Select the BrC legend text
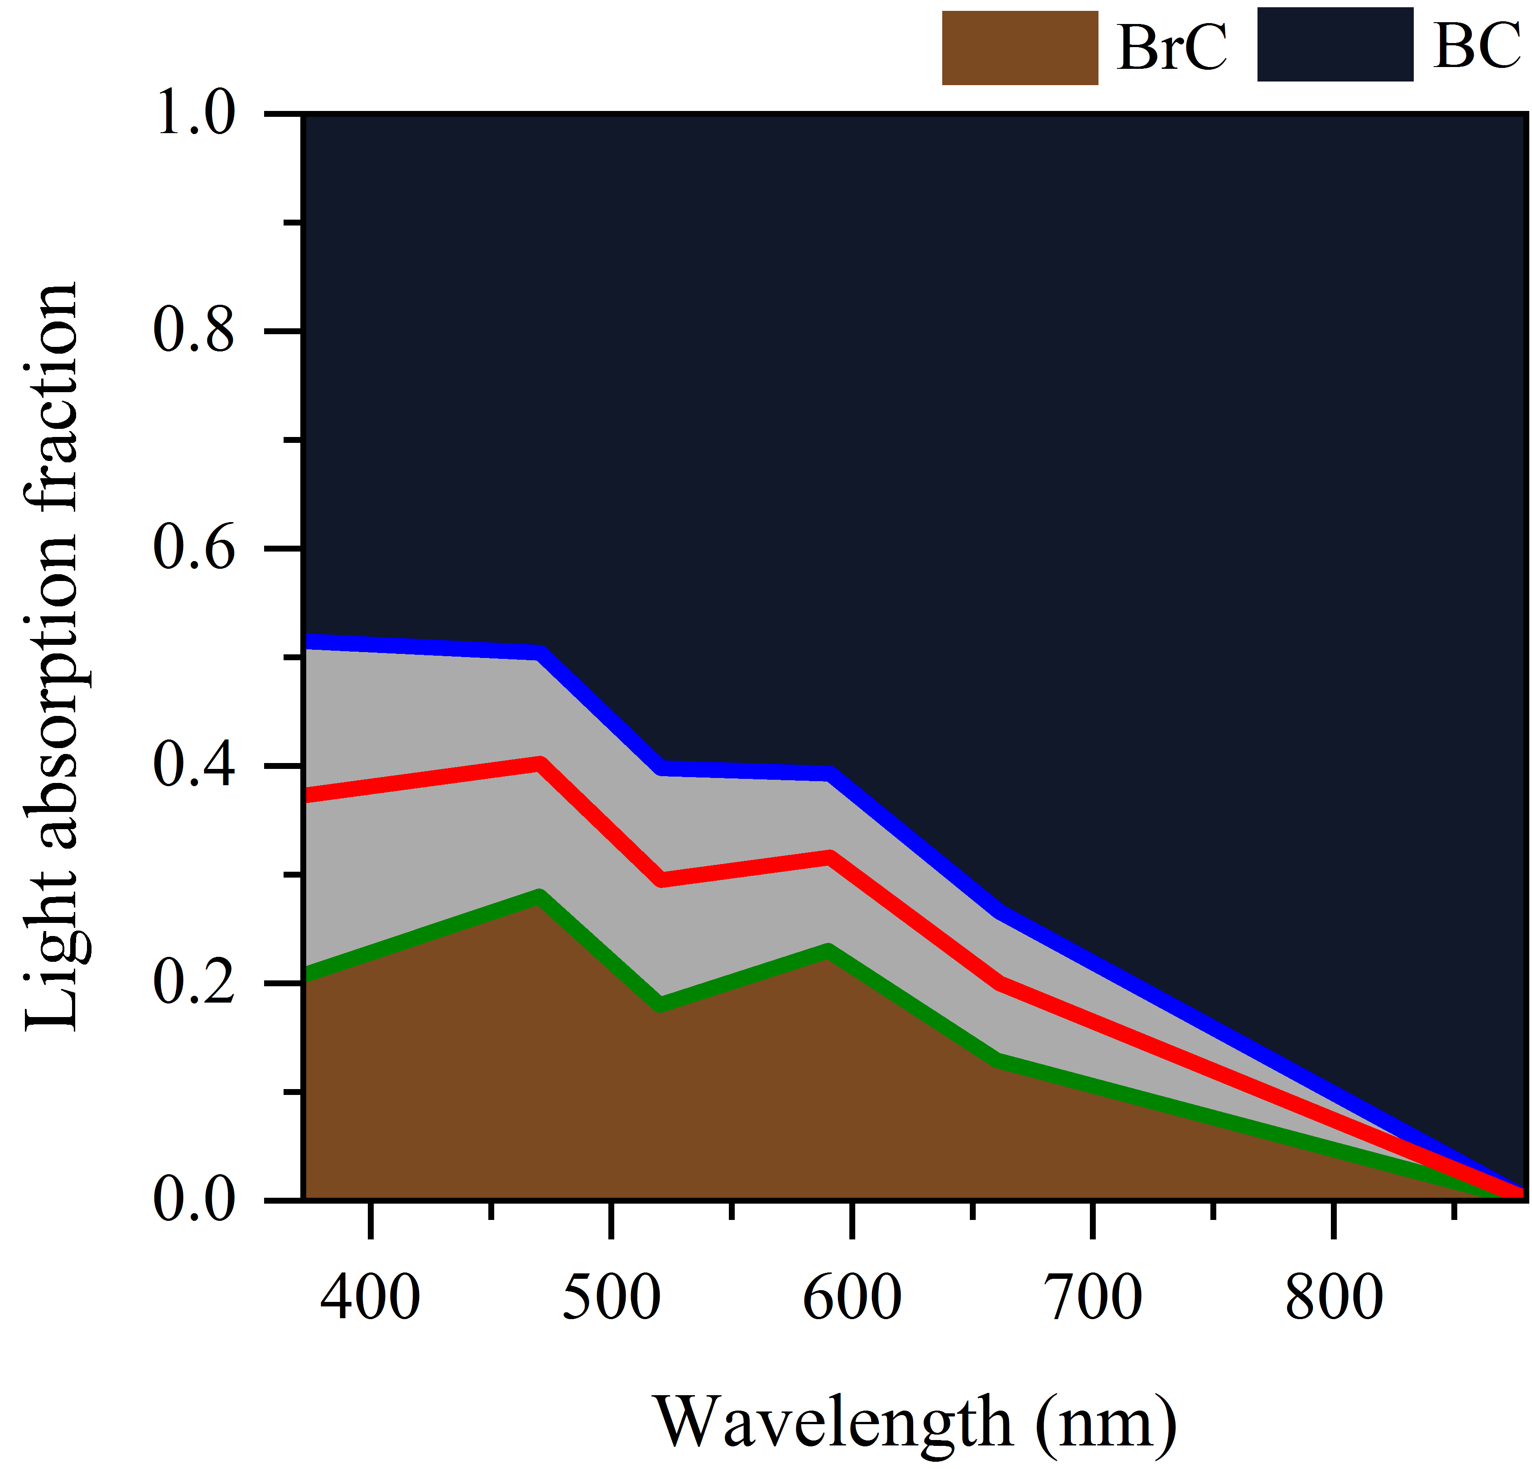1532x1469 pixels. point(1172,48)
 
